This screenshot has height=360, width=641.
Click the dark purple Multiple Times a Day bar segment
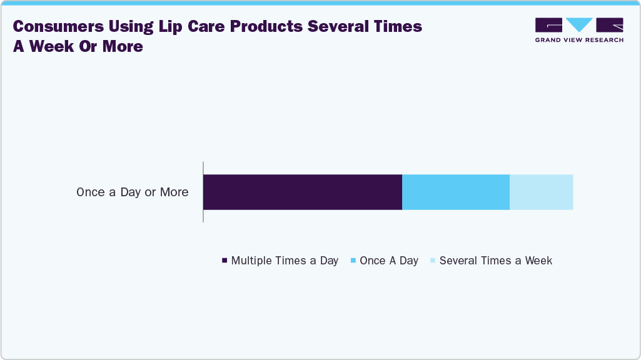click(x=302, y=192)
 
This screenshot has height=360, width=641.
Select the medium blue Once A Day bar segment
click(x=455, y=192)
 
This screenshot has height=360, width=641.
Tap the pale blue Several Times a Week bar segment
click(x=541, y=192)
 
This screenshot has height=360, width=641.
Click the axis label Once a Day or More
click(x=132, y=192)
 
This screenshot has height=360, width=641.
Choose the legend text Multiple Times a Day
click(x=285, y=261)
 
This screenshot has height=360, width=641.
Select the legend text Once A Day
click(x=389, y=261)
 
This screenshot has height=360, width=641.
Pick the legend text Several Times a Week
click(x=495, y=261)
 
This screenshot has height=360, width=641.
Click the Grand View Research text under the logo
click(x=579, y=40)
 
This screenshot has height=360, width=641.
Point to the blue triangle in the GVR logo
click(x=579, y=24)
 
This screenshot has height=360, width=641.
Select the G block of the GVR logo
click(x=548, y=24)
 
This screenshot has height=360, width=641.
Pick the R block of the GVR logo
click(x=610, y=24)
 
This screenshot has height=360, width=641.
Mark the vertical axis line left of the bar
click(x=203, y=192)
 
